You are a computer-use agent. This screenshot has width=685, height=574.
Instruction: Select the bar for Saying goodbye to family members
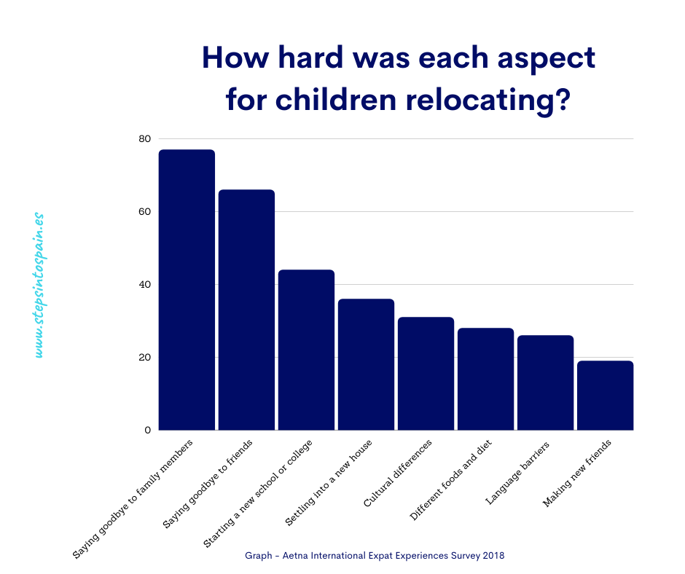pos(187,290)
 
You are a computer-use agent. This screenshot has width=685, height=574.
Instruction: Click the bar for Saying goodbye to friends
pos(246,310)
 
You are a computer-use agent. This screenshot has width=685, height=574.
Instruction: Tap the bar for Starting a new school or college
pos(306,350)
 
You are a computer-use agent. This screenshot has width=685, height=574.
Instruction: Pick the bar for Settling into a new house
pos(366,365)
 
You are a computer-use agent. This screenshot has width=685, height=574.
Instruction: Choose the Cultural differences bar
pos(426,374)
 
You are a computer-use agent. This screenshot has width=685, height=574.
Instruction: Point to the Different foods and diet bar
pos(486,380)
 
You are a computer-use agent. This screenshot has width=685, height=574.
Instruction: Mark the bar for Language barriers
pos(546,383)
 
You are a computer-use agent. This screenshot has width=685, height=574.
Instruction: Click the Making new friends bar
pos(606,396)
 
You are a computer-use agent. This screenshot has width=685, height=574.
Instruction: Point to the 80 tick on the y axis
pos(144,139)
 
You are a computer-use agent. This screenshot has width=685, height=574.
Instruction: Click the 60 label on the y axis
pos(144,212)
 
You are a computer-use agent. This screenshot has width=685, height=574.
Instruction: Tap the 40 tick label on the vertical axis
pos(144,284)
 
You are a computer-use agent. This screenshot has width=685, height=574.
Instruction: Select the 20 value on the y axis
pos(144,358)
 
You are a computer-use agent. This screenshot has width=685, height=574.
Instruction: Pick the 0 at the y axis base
pos(148,430)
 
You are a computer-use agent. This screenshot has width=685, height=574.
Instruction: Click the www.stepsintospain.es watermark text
pos(39,286)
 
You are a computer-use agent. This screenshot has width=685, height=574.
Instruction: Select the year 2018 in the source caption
pos(493,556)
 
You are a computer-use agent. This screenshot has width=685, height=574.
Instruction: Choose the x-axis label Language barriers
pos(517,473)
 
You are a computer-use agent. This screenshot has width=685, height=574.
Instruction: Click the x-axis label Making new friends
pos(577,473)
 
